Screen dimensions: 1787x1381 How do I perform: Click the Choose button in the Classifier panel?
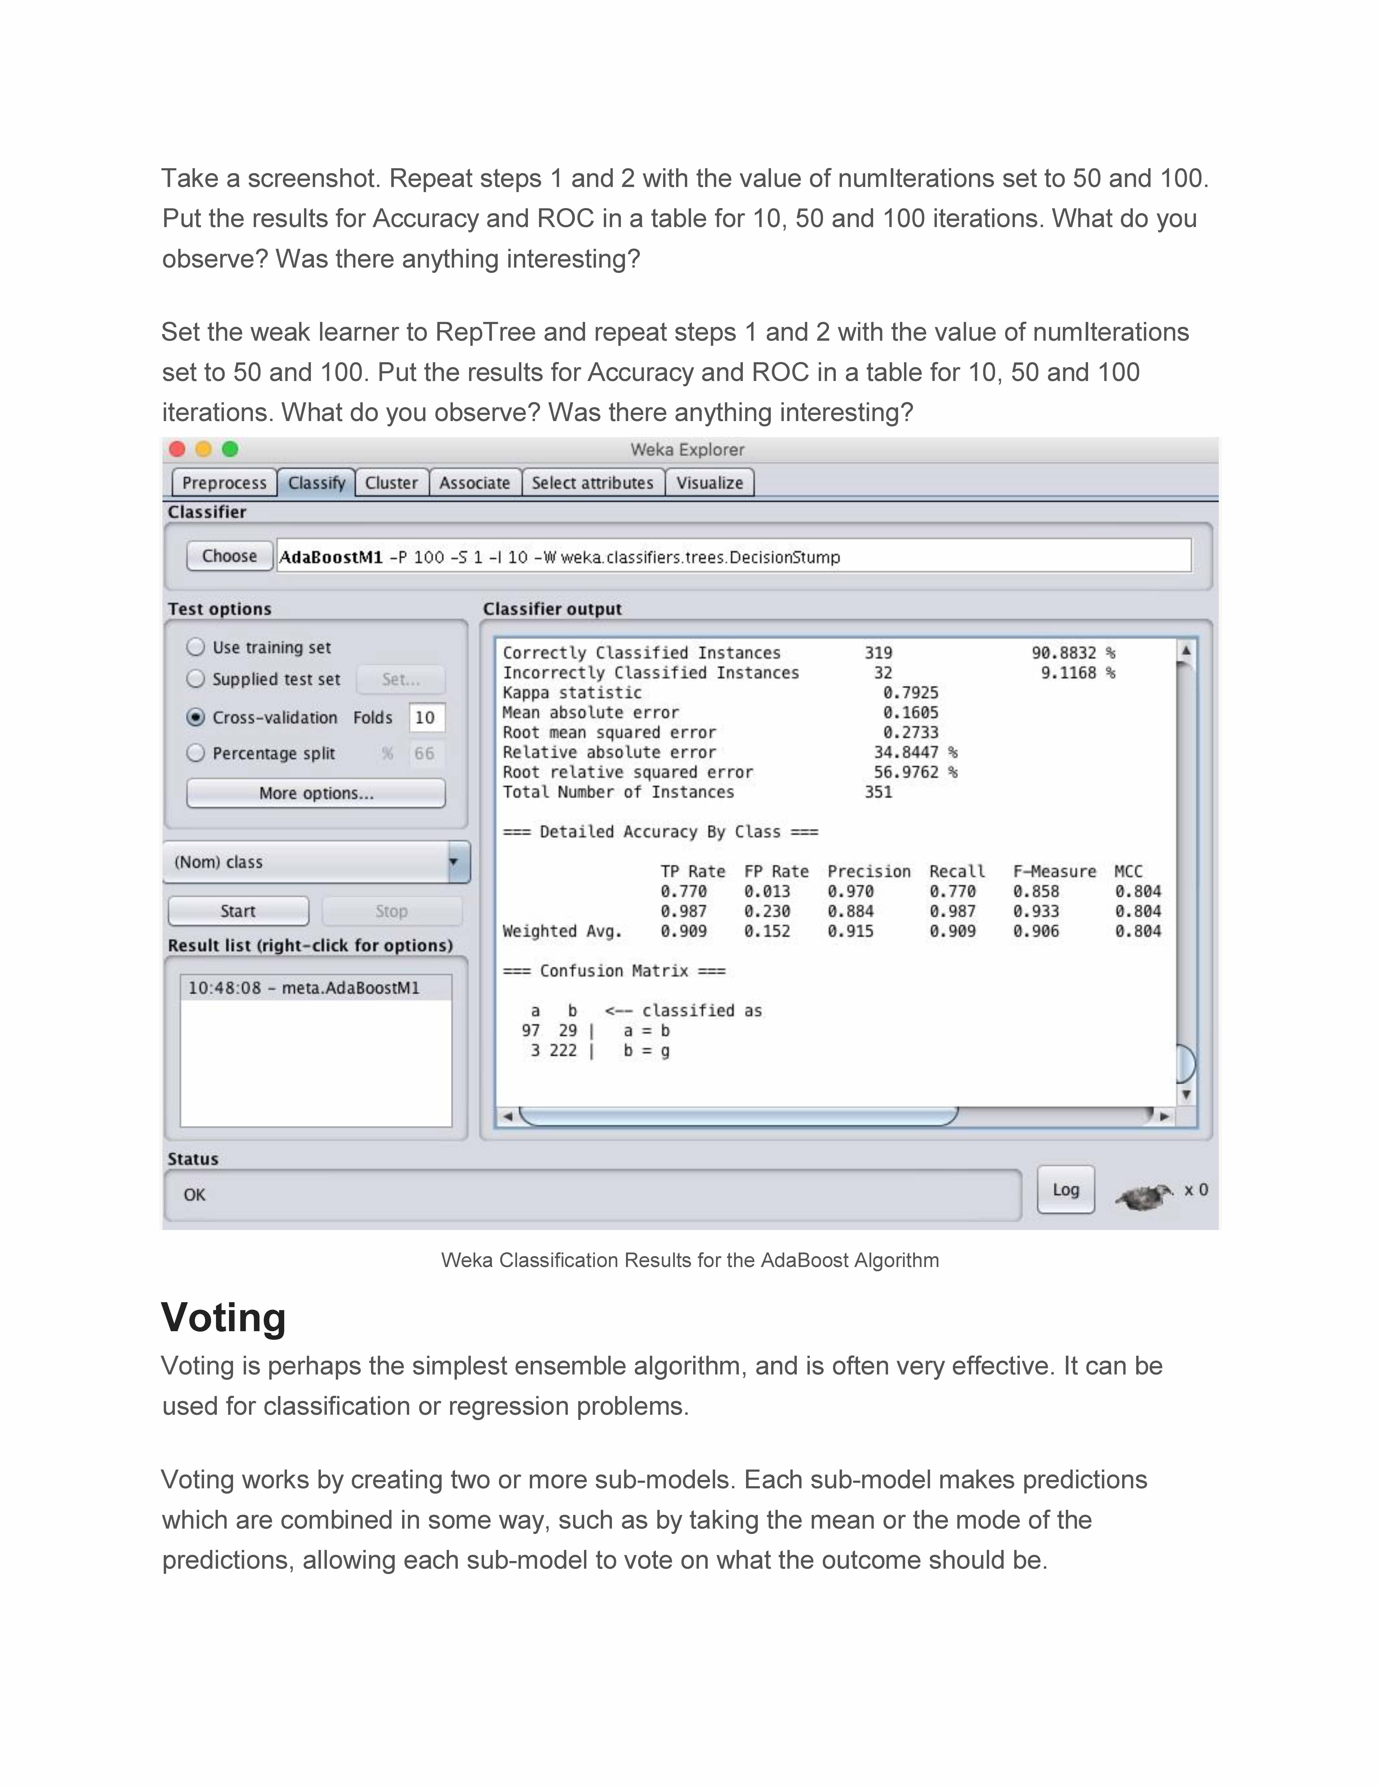[229, 556]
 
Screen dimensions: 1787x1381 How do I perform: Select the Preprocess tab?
[224, 483]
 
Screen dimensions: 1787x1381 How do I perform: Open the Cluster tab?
[391, 483]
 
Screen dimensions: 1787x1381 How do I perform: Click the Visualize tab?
[709, 483]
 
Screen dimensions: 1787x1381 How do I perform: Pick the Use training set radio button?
[196, 647]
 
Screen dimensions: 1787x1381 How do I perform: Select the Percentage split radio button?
[196, 753]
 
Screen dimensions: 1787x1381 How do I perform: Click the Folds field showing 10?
[425, 718]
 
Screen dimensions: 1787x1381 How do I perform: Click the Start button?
[238, 911]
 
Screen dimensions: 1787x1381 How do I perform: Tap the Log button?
[1065, 1190]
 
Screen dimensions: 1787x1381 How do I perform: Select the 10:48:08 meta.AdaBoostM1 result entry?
[304, 988]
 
